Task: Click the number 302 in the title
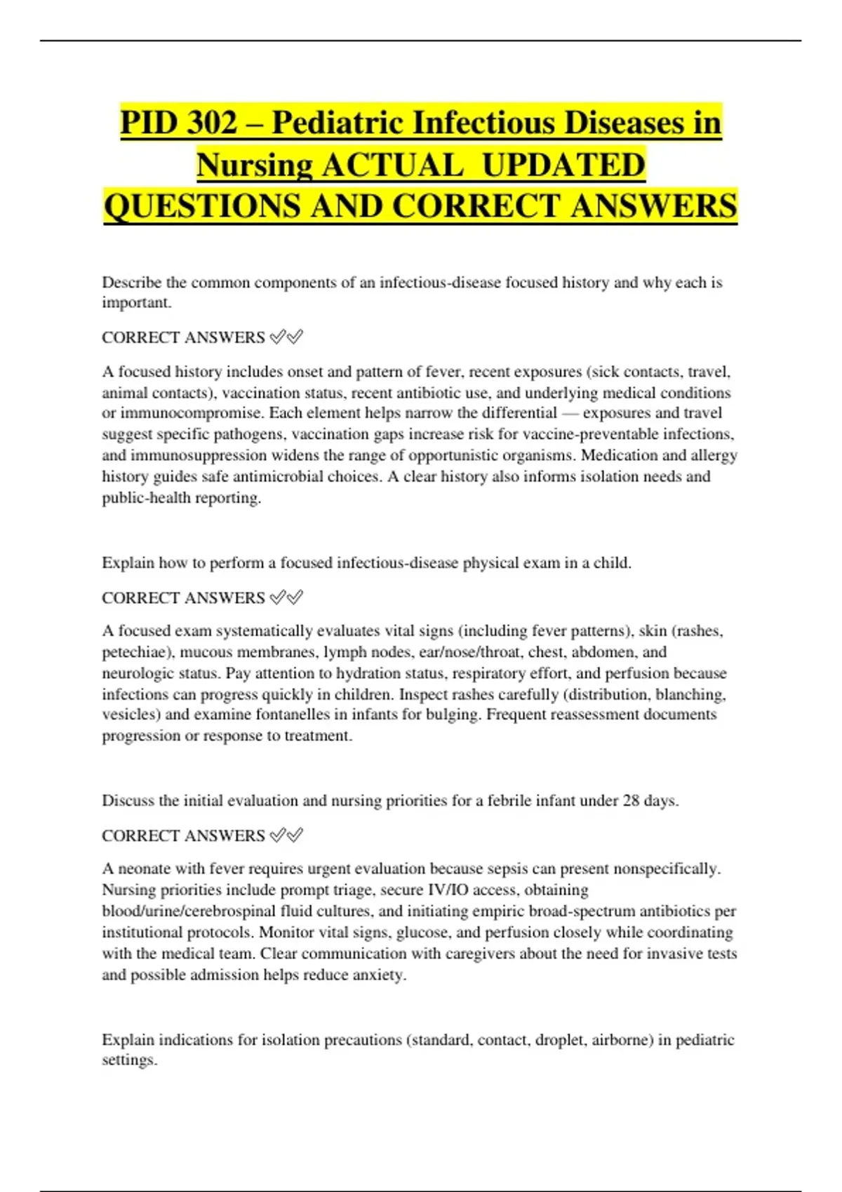click(213, 123)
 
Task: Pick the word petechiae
click(137, 652)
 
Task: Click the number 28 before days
click(631, 801)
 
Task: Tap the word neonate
click(144, 869)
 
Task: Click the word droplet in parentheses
click(559, 1040)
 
